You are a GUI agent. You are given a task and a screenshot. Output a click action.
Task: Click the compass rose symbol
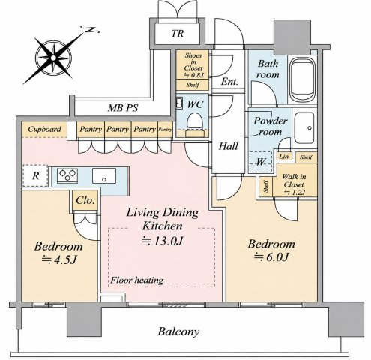53,58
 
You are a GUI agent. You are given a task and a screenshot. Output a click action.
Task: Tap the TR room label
178,34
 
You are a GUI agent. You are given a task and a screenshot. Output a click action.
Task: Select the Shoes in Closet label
193,64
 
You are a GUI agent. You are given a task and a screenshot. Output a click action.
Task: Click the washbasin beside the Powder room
304,128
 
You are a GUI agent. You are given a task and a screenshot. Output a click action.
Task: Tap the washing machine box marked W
261,162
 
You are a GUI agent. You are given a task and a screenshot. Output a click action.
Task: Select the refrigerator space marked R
35,175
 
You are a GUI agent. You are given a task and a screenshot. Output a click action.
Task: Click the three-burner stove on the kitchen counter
67,175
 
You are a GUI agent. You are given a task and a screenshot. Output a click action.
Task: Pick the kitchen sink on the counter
104,175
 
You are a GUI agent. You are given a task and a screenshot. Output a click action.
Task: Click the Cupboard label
44,129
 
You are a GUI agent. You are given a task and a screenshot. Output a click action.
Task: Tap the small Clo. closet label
85,200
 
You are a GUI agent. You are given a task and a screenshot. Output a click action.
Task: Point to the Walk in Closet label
294,184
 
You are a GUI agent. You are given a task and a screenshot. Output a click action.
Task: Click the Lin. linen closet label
284,157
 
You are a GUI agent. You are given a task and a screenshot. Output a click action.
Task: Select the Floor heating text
136,280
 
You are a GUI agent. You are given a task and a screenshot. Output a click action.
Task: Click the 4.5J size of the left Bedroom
58,260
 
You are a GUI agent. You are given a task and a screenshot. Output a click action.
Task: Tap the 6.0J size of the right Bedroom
271,257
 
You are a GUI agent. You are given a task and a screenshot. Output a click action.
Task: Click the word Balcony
178,332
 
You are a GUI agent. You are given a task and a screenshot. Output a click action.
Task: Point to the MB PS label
123,108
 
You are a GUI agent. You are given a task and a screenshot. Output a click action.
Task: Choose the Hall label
229,146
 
